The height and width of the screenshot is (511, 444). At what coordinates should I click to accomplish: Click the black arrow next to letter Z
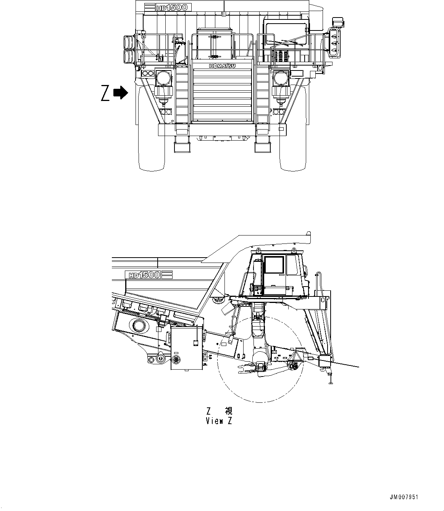pos(121,93)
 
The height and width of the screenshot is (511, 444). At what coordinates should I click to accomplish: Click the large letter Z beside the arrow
pos(105,93)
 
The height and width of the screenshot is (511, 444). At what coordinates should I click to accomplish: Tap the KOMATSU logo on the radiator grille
pos(222,66)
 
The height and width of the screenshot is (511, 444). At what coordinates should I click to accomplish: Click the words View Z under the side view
pos(218,421)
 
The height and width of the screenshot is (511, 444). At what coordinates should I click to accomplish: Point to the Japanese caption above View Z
pos(219,411)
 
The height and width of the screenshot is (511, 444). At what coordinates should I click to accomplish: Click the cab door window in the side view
pos(274,264)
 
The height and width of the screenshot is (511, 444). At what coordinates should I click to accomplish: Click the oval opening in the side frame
pos(139,326)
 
